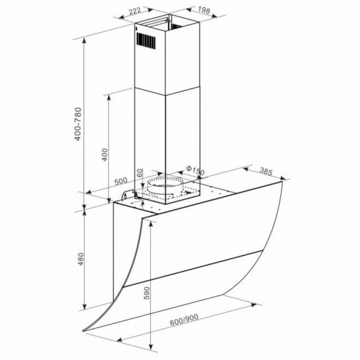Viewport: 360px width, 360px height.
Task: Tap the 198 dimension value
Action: (204, 10)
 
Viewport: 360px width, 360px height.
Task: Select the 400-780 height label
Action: (78, 124)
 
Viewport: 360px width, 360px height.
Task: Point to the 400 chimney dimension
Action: (105, 155)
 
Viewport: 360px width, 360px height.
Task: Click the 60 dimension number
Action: (140, 173)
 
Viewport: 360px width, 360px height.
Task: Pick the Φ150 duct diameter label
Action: (195, 170)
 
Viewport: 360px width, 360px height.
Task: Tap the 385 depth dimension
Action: (266, 171)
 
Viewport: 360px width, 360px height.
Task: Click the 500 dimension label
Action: (121, 181)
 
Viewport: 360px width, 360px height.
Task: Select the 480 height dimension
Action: (81, 259)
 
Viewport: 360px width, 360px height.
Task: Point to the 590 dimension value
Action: (146, 293)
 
